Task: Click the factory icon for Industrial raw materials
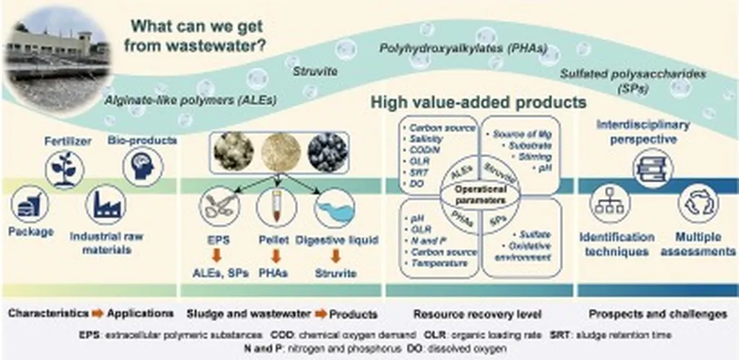(x=105, y=206)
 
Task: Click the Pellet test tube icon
(x=278, y=209)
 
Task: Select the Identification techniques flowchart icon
(x=611, y=206)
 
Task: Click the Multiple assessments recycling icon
(x=696, y=206)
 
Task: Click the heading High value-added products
(x=478, y=103)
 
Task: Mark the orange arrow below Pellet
(x=279, y=258)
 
